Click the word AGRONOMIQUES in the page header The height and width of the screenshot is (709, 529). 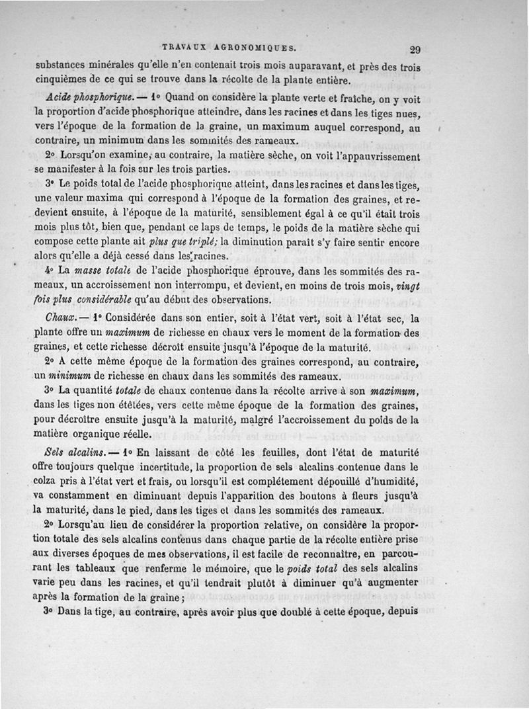tap(253, 48)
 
